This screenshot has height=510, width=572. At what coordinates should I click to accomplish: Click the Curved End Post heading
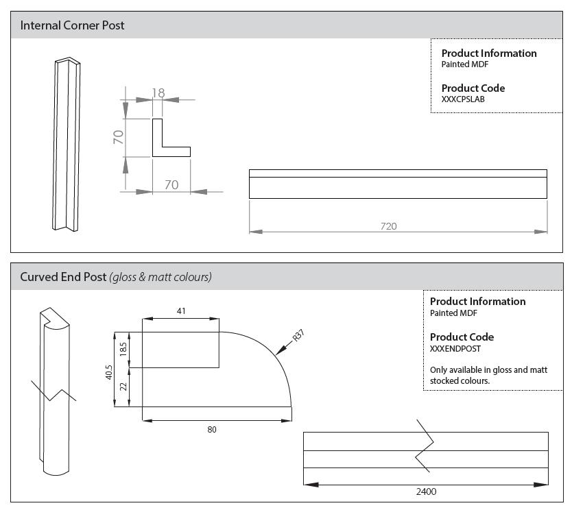115,278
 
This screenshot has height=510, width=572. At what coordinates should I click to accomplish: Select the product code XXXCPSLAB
463,99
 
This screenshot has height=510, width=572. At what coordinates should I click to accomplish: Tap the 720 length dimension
389,226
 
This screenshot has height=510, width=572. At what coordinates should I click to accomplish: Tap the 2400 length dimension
425,491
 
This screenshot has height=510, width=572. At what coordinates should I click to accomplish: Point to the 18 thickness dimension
158,92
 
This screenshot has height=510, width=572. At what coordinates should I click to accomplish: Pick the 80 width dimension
212,430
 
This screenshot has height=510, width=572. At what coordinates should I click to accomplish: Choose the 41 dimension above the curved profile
181,311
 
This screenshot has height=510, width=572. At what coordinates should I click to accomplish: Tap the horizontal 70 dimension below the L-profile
171,184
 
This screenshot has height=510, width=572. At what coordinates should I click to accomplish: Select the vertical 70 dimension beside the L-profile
119,137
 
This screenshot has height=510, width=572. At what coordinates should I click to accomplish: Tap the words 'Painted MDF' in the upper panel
464,64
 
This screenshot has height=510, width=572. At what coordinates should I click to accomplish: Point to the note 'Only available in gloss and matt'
479,369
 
